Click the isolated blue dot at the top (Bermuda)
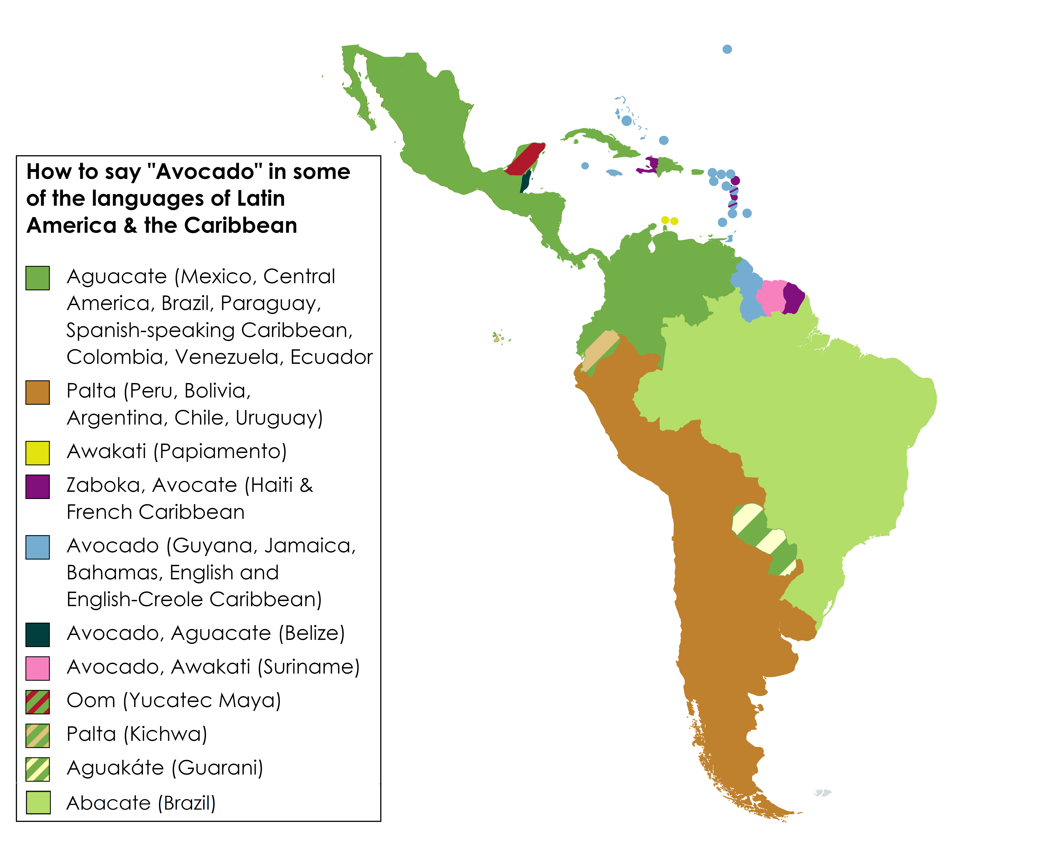click(x=727, y=49)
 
